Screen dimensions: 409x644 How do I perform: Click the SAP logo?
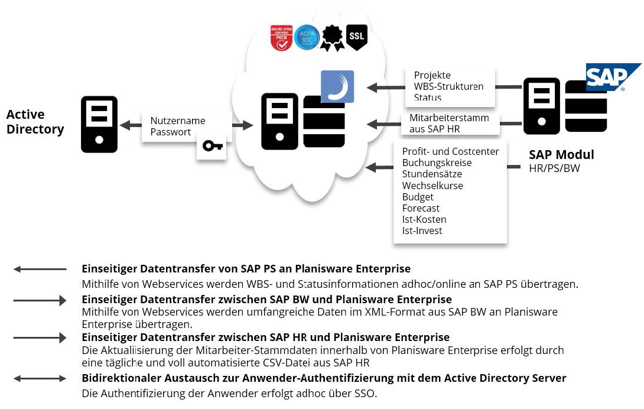click(x=612, y=77)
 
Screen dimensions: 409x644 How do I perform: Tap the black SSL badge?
click(x=357, y=37)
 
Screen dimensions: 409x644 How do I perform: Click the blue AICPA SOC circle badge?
click(x=307, y=37)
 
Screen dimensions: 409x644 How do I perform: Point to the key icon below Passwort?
click(x=212, y=145)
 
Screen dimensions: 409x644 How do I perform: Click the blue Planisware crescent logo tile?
click(x=337, y=86)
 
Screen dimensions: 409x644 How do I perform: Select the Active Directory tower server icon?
click(x=99, y=124)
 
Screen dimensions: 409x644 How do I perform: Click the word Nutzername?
click(x=178, y=121)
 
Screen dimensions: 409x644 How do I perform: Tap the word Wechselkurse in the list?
click(x=432, y=186)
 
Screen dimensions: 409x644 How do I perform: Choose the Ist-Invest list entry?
click(x=422, y=231)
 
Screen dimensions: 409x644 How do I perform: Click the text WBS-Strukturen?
click(x=448, y=86)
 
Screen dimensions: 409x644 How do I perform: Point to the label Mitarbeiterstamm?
click(x=449, y=118)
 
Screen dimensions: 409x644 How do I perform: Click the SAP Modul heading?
click(x=561, y=155)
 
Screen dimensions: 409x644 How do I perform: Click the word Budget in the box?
click(x=418, y=197)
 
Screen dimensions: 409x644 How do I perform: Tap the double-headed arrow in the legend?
click(x=40, y=378)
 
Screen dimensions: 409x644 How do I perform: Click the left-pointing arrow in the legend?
click(x=40, y=269)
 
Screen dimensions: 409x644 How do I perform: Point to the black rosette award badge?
click(x=332, y=37)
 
